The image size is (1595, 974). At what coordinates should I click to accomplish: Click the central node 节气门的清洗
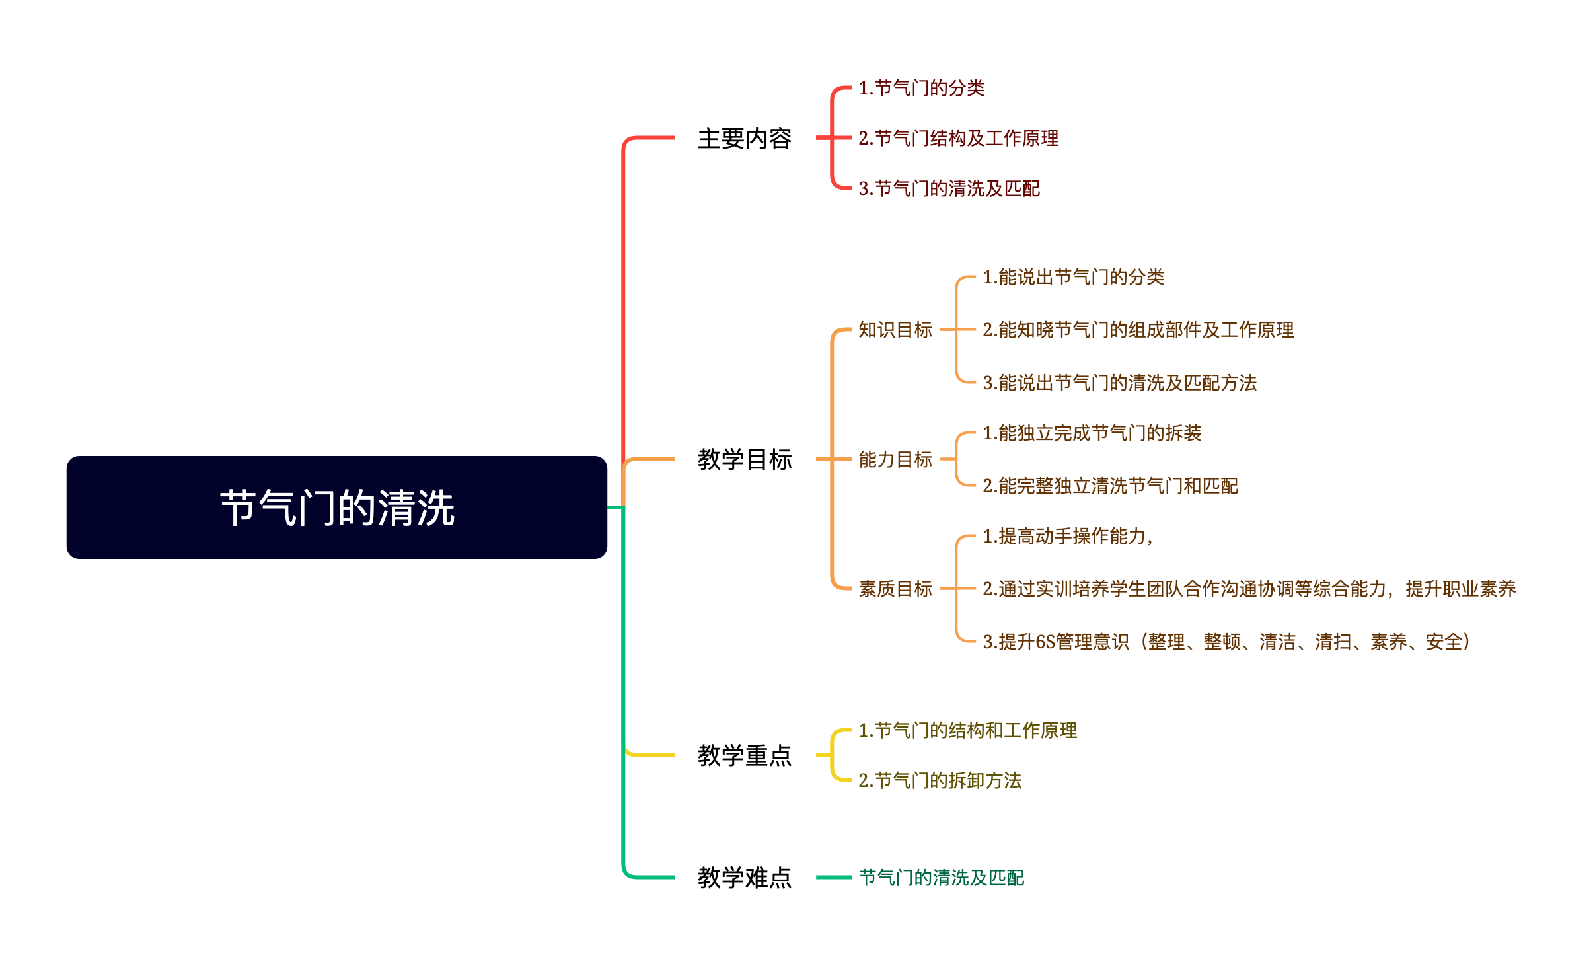[337, 507]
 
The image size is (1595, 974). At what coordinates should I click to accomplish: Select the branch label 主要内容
[745, 139]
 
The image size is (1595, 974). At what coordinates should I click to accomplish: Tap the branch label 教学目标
[745, 459]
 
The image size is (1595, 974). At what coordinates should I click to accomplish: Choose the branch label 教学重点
[745, 755]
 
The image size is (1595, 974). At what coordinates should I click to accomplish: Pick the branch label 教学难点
[745, 878]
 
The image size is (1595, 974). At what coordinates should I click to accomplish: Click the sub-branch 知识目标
[895, 330]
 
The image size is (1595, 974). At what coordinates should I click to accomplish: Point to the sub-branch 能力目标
[895, 459]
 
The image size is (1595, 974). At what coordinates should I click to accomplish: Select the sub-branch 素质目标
[895, 589]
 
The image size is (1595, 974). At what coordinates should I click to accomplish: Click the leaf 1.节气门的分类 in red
[921, 88]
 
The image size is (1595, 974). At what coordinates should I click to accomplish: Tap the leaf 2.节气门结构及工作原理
[958, 138]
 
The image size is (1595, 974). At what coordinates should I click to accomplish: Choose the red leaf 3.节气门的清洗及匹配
[949, 188]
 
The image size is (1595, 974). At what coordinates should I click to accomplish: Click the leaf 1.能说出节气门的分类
[1073, 277]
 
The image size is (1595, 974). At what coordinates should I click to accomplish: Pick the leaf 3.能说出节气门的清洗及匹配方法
[1119, 383]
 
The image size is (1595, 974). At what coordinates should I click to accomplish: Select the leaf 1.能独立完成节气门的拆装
[1092, 433]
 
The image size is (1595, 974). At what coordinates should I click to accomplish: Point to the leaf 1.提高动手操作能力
[1067, 536]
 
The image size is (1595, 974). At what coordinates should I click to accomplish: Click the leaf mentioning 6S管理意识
[1226, 642]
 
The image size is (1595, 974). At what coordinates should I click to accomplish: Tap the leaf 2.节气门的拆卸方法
[940, 780]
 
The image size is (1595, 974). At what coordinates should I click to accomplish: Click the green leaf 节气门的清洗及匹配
[942, 878]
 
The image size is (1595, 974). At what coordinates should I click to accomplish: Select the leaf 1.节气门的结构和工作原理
[967, 730]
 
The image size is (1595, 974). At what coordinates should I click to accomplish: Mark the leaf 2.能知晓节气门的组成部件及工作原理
[1138, 330]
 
